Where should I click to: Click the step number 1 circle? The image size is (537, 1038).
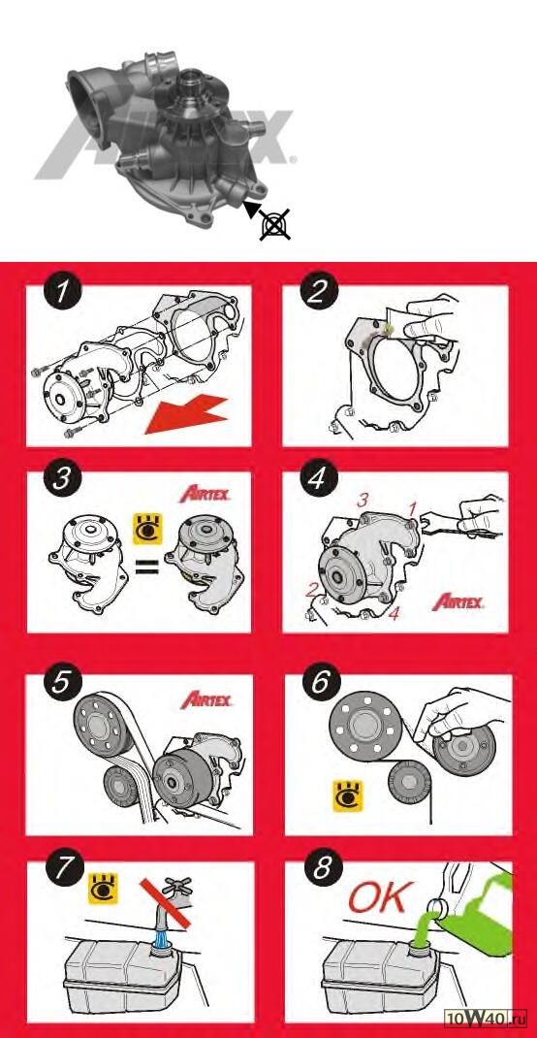[x=61, y=291]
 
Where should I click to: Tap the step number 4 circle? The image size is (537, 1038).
[x=317, y=478]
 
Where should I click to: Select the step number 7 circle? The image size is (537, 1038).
[x=61, y=869]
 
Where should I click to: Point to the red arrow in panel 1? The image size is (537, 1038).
[x=186, y=413]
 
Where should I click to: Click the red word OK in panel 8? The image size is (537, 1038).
[x=380, y=897]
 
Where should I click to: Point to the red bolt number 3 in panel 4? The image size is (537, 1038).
[x=363, y=500]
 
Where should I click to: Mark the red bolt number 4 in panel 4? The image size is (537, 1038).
[x=394, y=613]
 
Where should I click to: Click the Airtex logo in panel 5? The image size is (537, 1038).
[x=206, y=699]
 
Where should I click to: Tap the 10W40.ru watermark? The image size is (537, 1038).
[x=487, y=1023]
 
